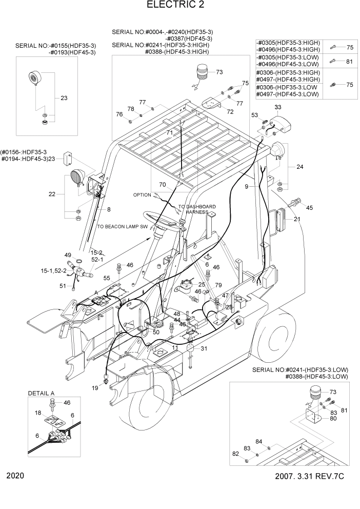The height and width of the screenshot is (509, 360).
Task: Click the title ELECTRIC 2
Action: [179, 6]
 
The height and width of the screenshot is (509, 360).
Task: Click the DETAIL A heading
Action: [42, 393]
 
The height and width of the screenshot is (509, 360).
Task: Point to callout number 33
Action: [278, 107]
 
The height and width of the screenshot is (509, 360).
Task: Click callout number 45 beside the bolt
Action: [309, 208]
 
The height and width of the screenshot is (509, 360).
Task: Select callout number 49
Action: [67, 255]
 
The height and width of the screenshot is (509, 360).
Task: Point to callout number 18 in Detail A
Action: [38, 413]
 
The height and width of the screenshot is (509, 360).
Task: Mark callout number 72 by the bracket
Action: [230, 111]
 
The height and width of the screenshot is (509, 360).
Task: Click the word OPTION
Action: [142, 195]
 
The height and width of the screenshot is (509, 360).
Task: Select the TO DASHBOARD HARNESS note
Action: [196, 209]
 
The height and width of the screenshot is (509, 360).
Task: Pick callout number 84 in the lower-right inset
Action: [258, 442]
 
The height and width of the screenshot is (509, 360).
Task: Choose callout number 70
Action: [163, 184]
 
